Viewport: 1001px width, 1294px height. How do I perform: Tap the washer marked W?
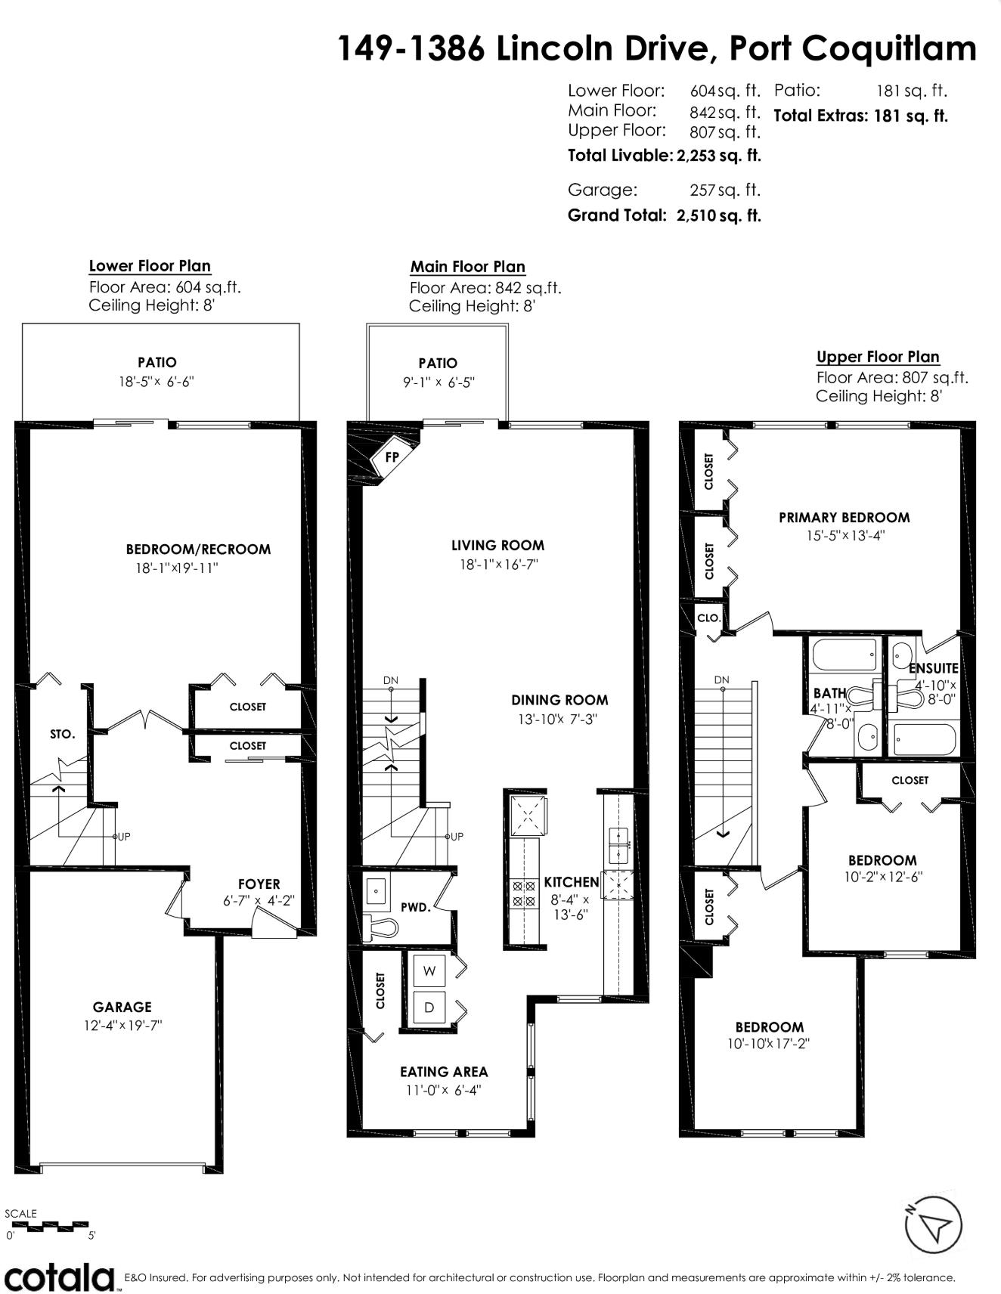coord(429,971)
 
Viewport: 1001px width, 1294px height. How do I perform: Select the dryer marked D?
coord(429,1008)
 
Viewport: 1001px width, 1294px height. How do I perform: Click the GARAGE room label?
coord(122,1007)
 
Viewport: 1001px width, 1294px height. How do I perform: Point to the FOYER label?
coord(259,884)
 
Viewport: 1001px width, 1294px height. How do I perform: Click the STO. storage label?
coord(62,734)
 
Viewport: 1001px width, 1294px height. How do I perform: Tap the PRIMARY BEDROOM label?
coord(844,518)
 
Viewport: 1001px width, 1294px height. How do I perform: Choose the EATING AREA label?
coord(444,1072)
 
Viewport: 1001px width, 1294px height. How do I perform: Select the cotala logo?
coord(60,1277)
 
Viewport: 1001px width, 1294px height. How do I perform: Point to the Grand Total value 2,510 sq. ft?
coord(718,215)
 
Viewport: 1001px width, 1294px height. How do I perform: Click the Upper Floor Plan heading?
coord(878,357)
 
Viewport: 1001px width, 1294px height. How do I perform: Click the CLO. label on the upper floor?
coord(708,618)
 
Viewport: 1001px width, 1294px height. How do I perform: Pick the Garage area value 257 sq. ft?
coord(724,190)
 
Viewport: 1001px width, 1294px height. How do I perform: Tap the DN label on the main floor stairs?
coord(390,680)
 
